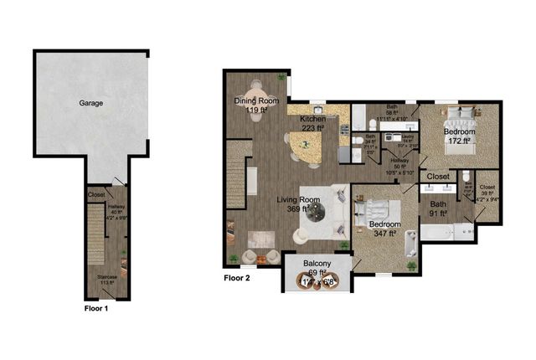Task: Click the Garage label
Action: [x=91, y=103]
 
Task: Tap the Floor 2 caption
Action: [x=237, y=277]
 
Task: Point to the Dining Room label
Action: [x=255, y=105]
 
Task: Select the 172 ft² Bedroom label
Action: [x=459, y=136]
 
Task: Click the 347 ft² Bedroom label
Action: [x=384, y=229]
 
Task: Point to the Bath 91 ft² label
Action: [x=438, y=208]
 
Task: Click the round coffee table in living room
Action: [x=317, y=214]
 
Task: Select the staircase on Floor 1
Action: [x=95, y=236]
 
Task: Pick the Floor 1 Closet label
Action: [x=96, y=196]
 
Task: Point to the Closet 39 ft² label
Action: [x=487, y=193]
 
